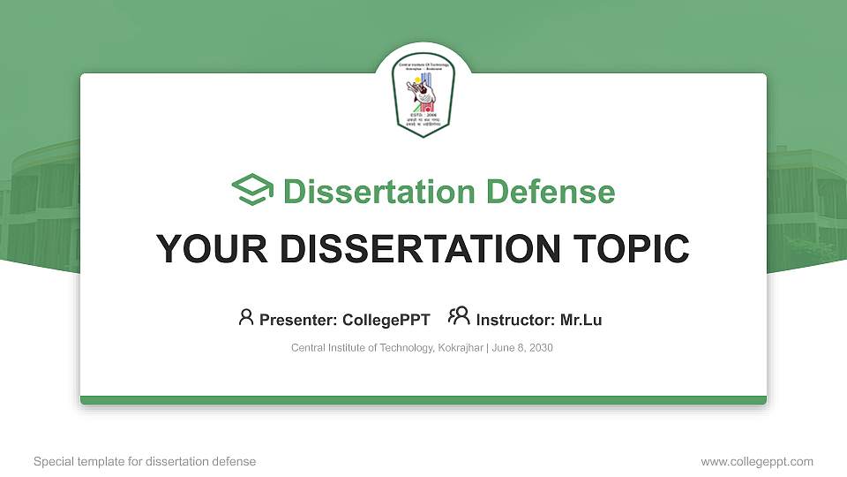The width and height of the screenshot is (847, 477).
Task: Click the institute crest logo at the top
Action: coord(423,95)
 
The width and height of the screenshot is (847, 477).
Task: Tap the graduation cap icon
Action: coord(252,191)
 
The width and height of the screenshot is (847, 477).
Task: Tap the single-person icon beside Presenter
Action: coord(246,317)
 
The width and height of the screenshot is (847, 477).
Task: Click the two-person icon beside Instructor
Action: coord(459,316)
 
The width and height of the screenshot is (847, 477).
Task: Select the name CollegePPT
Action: coord(386,320)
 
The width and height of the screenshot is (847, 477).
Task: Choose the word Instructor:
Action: coord(515,320)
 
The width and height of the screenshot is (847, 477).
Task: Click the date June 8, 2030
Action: coord(522,348)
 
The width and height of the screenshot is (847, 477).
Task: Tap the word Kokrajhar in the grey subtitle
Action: coord(460,348)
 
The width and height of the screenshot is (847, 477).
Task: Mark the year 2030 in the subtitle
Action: coord(540,348)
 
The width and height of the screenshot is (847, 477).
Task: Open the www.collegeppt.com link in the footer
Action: coord(757,461)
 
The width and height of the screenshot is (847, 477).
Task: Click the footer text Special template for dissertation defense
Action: coord(145,461)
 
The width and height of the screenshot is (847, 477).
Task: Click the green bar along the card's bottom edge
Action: coord(423,400)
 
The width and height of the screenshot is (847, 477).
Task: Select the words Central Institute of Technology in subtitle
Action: coord(362,348)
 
